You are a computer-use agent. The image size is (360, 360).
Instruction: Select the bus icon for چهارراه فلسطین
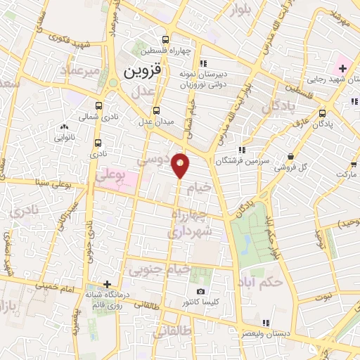click(x=165, y=40)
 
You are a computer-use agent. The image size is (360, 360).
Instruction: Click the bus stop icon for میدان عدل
click(x=156, y=110)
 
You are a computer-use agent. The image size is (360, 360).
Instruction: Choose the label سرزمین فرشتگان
click(x=244, y=160)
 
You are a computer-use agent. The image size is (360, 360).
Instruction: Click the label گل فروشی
click(x=292, y=168)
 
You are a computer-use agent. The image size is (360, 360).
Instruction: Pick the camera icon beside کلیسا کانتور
click(x=201, y=292)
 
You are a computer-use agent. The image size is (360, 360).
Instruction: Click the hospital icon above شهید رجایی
click(x=342, y=68)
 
